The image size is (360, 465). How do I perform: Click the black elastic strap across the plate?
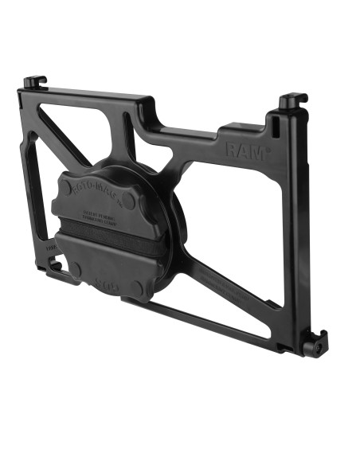tap(100, 242)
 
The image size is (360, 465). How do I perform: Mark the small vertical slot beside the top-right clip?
tap(275, 127)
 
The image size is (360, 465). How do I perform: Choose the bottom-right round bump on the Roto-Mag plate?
tap(139, 286)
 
